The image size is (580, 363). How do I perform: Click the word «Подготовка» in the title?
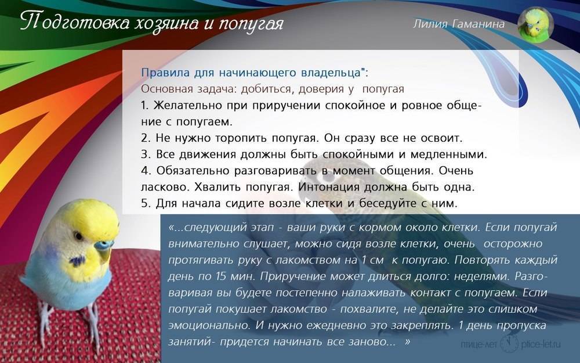[75, 22]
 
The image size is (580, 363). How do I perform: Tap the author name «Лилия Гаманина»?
[459, 24]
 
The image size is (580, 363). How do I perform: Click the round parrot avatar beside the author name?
[535, 24]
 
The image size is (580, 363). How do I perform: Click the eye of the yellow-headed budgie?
[78, 236]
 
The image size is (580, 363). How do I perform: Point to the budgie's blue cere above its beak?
[103, 245]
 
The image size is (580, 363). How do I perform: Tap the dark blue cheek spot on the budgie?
[78, 261]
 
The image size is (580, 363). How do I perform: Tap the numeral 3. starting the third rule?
[145, 154]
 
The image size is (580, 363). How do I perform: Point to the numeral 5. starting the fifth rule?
[145, 203]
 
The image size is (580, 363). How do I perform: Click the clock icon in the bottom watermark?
[510, 344]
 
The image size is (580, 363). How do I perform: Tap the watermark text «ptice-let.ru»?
[541, 344]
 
